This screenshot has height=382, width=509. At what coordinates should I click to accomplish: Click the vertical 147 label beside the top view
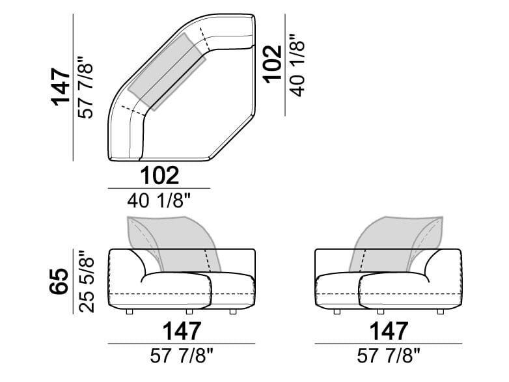pyautogui.click(x=61, y=87)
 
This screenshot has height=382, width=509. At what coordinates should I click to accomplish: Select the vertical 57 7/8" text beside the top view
pyautogui.click(x=85, y=88)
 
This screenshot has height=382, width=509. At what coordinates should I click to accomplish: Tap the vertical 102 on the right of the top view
pyautogui.click(x=272, y=64)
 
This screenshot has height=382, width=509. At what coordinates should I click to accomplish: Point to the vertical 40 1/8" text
pyautogui.click(x=297, y=65)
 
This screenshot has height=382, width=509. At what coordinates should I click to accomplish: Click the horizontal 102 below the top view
pyautogui.click(x=159, y=176)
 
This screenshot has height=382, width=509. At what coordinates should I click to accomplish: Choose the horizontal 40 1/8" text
pyautogui.click(x=158, y=201)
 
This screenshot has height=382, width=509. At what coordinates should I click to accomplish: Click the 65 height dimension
pyautogui.click(x=59, y=281)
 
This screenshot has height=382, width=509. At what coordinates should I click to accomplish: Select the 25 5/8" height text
pyautogui.click(x=86, y=281)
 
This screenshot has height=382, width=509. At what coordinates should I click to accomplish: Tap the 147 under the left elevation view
pyautogui.click(x=182, y=331)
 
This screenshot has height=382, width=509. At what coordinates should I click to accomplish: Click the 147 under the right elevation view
pyautogui.click(x=389, y=331)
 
